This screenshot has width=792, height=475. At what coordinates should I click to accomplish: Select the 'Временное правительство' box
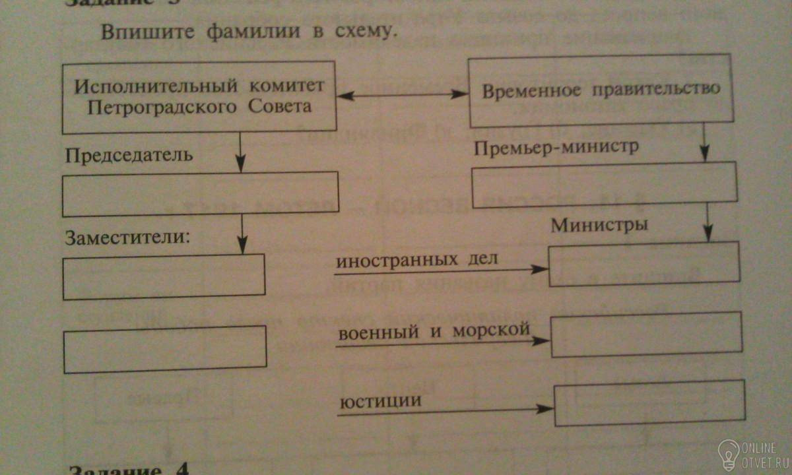[601, 91]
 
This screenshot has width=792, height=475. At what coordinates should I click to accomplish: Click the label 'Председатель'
[129, 156]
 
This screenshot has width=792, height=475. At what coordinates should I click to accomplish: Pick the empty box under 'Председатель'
[200, 194]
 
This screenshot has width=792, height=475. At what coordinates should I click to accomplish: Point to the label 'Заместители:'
[127, 237]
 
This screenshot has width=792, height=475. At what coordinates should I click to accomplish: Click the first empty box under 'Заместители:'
[164, 276]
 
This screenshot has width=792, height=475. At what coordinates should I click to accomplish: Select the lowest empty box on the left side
[165, 349]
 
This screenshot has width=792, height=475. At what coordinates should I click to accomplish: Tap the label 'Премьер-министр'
[556, 148]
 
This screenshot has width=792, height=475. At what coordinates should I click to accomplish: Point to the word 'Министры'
[599, 225]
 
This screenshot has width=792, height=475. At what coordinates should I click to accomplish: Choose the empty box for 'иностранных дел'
[644, 264]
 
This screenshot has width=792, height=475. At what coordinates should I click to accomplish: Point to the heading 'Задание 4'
[129, 468]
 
